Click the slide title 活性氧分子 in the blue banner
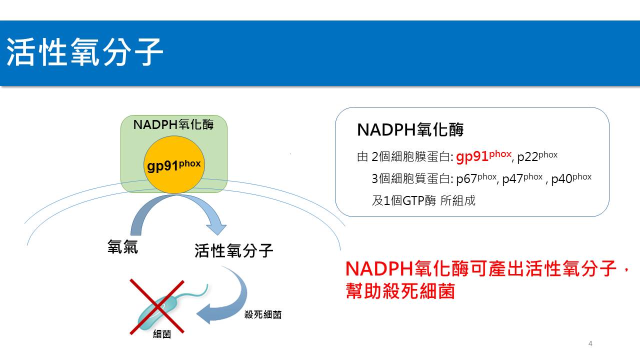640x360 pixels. coord(84,52)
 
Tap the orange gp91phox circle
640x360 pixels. coord(174,165)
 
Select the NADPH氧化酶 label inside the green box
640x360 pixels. coord(173,124)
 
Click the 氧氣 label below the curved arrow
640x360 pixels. coord(122,246)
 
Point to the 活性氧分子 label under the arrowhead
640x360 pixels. coord(233,250)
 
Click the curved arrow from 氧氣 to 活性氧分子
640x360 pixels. coord(175,196)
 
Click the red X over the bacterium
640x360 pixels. coord(157,306)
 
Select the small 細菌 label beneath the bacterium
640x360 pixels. coord(162,334)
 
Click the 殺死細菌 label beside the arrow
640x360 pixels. coord(263,314)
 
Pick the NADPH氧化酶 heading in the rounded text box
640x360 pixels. coord(410,129)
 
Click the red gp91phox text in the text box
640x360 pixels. coord(483,156)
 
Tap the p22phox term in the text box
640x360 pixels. coord(537,156)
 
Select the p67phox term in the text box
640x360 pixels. coord(476,178)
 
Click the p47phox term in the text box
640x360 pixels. coord(522,178)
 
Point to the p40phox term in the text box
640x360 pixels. coord(571,178)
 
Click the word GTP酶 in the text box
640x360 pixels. coord(419,200)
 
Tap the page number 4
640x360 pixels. coord(590,343)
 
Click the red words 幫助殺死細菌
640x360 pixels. coord(400,291)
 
